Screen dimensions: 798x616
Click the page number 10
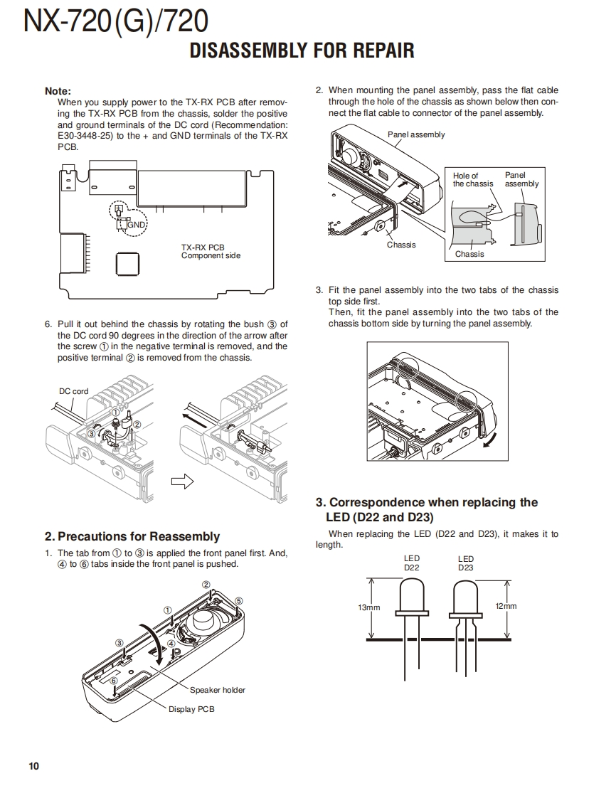[34, 766]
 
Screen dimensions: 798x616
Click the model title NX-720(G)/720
[116, 23]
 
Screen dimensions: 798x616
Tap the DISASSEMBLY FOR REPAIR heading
[302, 51]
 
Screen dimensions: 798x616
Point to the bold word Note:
[58, 91]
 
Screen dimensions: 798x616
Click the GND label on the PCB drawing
[136, 225]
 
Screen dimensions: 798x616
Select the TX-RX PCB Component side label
[211, 252]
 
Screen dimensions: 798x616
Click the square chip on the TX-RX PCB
[127, 265]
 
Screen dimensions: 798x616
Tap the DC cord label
[74, 391]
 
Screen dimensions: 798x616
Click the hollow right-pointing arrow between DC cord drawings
[182, 482]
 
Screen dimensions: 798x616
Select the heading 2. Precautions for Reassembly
[132, 537]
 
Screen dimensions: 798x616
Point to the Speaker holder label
[217, 690]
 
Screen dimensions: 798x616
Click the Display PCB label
[191, 709]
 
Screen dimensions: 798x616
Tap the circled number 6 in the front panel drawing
[113, 681]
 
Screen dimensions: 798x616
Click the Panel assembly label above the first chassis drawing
[416, 134]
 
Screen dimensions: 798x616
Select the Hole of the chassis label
[472, 179]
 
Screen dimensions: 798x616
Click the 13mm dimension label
[369, 607]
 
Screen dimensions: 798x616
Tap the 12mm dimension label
[505, 606]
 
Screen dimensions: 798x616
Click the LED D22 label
[412, 563]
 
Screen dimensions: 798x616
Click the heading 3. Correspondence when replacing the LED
[427, 509]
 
